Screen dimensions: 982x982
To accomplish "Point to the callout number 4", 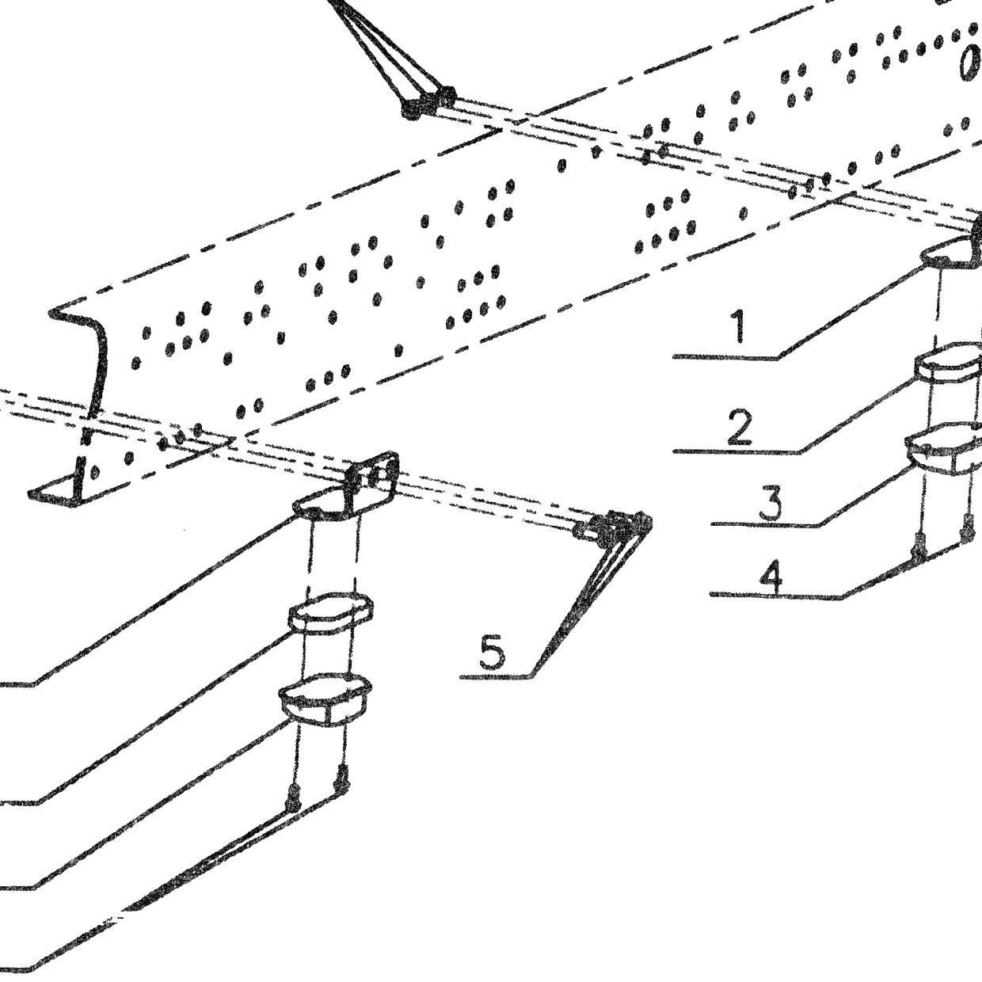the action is (771, 577).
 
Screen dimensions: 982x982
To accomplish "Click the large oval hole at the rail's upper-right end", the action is (970, 62).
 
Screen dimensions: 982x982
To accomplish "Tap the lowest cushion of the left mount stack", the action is (325, 699).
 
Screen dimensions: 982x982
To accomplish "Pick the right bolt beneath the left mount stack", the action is (341, 787).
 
